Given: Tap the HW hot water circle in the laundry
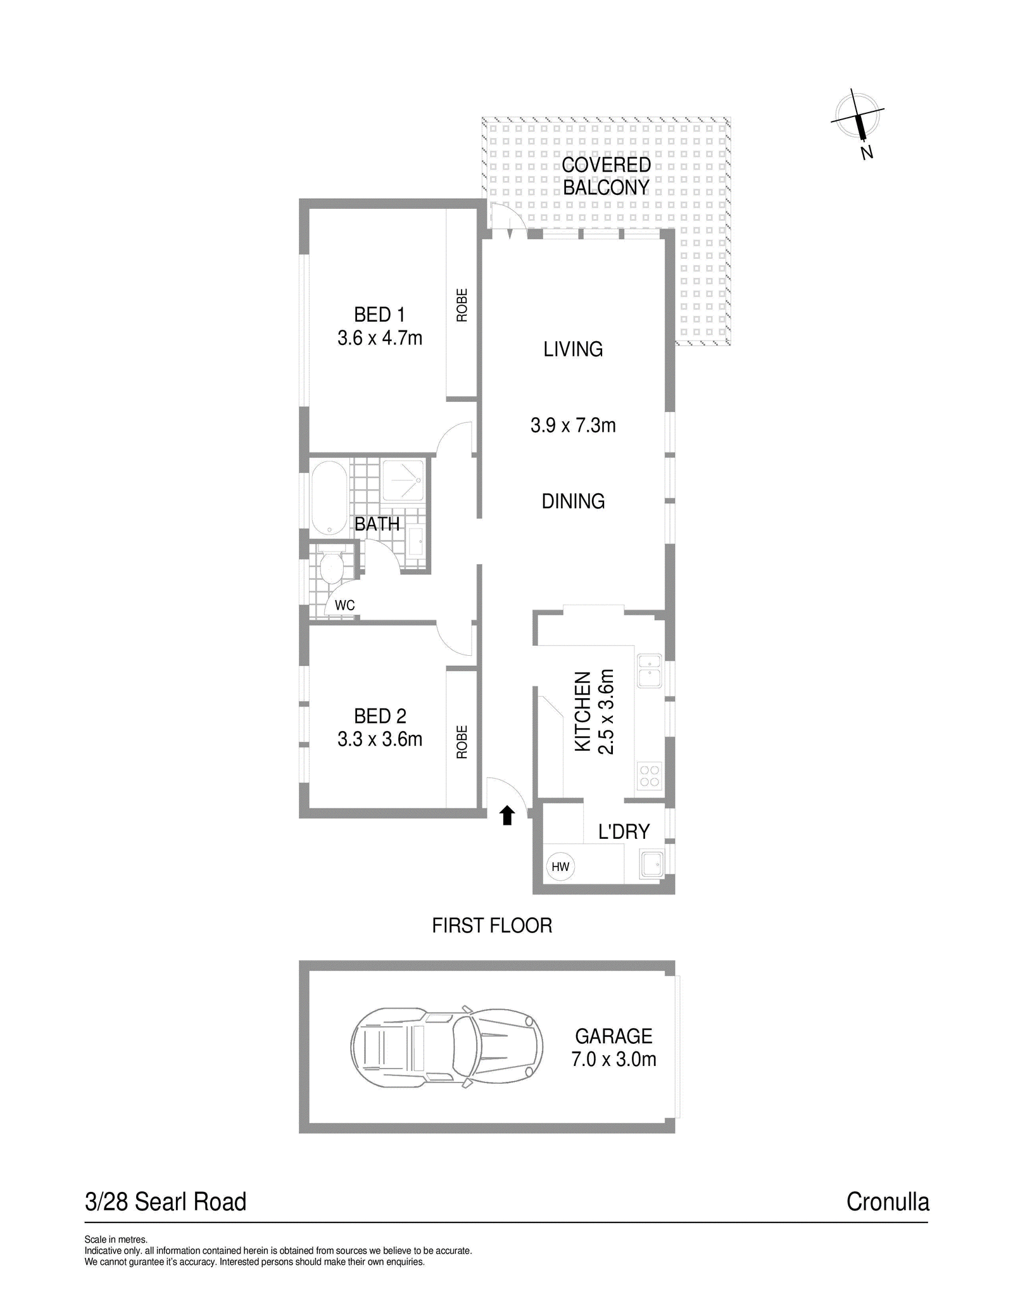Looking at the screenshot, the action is click(x=560, y=867).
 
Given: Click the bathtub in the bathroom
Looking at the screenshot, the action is click(x=329, y=498).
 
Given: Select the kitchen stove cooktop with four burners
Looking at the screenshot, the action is click(x=649, y=776).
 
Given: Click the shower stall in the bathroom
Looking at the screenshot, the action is click(x=403, y=481).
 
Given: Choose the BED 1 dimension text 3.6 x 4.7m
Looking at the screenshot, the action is click(x=380, y=338).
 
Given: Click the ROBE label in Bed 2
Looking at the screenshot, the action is click(x=462, y=742).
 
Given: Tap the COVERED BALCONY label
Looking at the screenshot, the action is click(x=607, y=176).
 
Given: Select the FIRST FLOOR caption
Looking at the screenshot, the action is click(x=492, y=925).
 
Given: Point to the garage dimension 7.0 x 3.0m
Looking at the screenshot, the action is click(x=613, y=1059).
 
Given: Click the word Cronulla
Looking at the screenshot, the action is click(x=888, y=1202).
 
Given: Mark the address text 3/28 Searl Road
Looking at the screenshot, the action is click(x=165, y=1202).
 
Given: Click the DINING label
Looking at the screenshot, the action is click(x=573, y=501).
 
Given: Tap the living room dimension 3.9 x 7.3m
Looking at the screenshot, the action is click(x=573, y=425).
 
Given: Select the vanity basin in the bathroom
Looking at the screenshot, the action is click(x=416, y=542).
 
